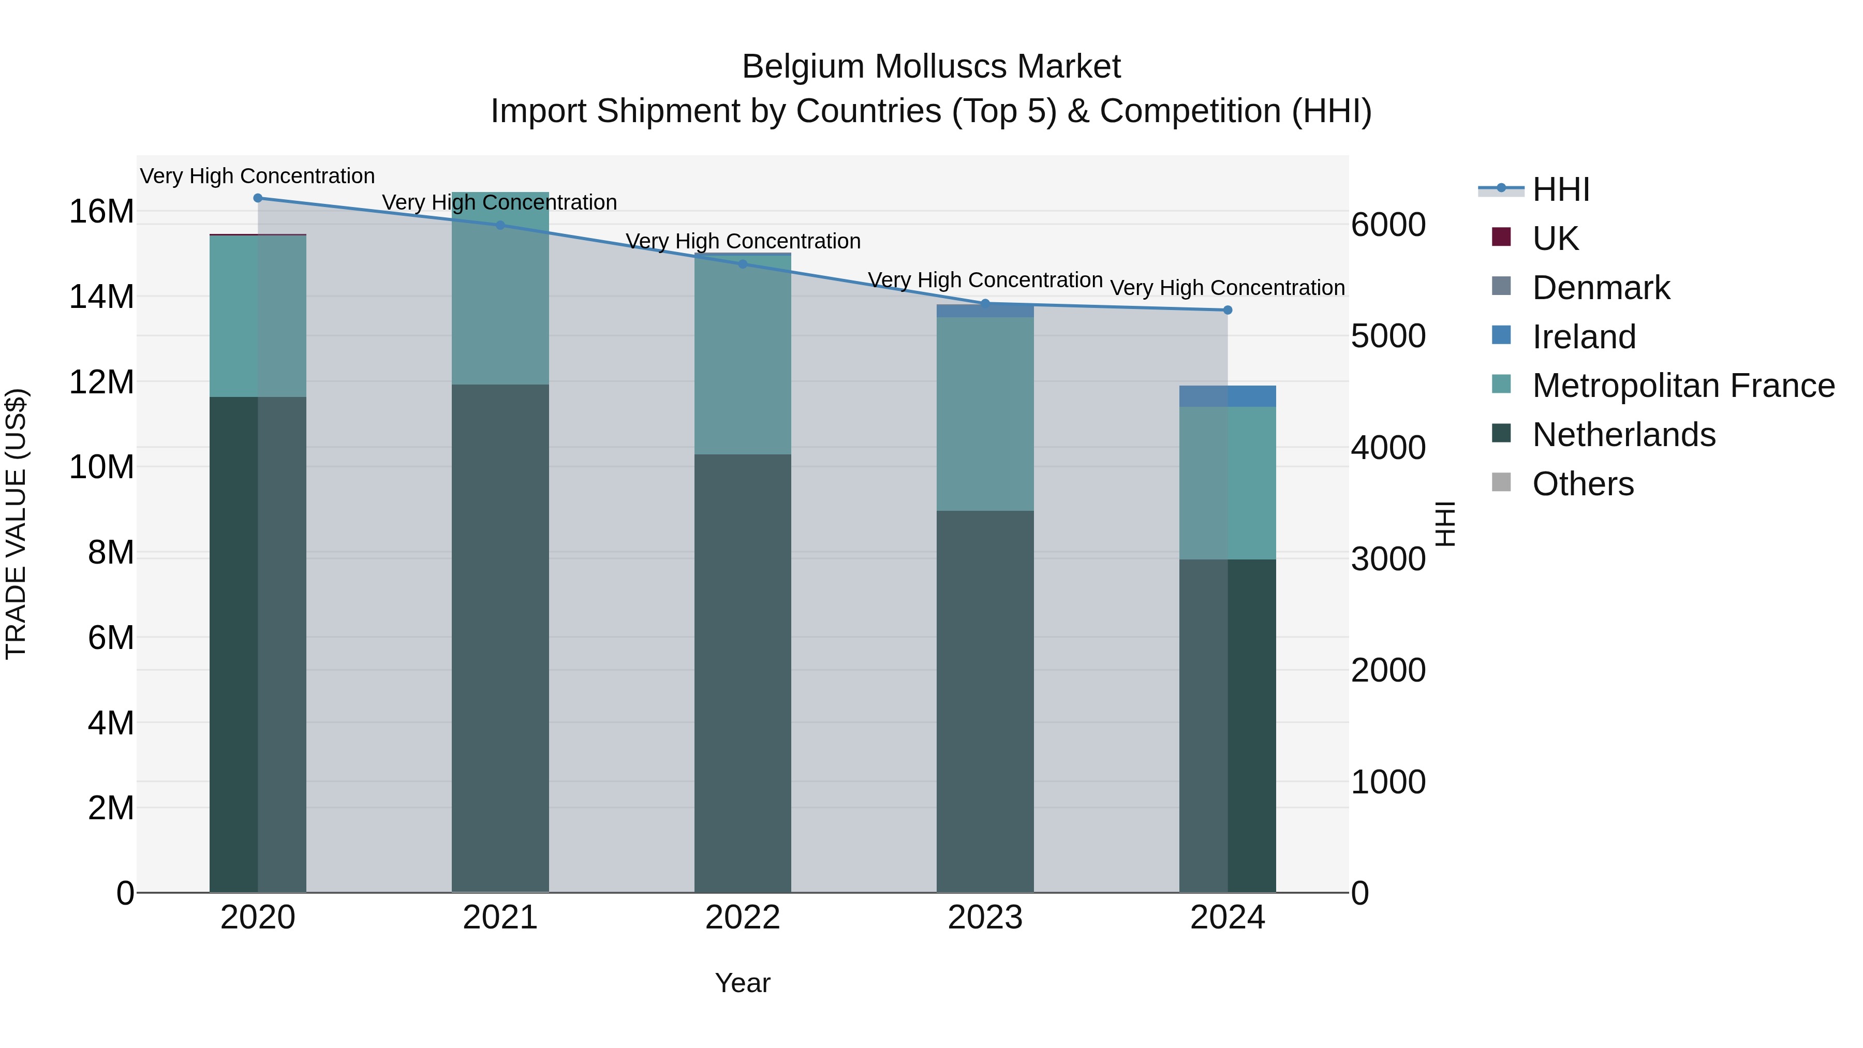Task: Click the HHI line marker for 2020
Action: (258, 198)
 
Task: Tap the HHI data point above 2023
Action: (985, 304)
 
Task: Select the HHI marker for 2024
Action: (1228, 311)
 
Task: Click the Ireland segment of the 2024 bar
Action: (1228, 396)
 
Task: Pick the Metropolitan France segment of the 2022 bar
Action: (743, 355)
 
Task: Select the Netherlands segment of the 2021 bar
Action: (500, 637)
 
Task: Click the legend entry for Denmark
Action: (1601, 288)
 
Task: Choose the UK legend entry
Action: (1555, 239)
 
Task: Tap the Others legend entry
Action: (1583, 484)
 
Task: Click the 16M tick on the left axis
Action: (101, 212)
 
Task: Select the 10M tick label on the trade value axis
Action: (101, 467)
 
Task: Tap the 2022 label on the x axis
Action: (743, 918)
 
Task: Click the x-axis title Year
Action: (743, 983)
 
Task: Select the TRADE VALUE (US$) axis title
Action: (16, 524)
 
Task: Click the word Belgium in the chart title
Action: (803, 67)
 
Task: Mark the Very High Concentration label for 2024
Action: (1228, 288)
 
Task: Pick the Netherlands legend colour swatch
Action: (1501, 433)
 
